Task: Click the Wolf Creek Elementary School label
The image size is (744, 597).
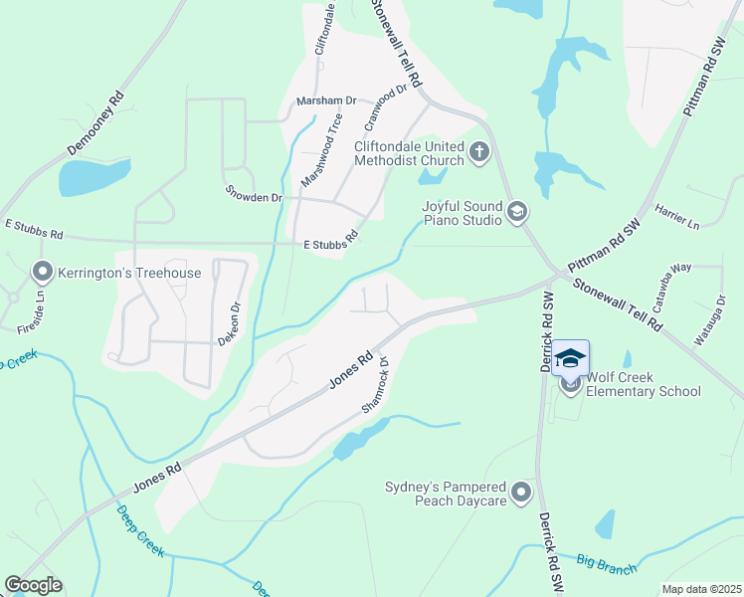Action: pyautogui.click(x=644, y=384)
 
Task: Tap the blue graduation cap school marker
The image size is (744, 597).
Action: pyautogui.click(x=571, y=358)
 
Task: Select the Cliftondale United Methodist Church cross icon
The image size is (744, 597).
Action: pyautogui.click(x=480, y=152)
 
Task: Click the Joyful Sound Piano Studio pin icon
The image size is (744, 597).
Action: pyautogui.click(x=516, y=211)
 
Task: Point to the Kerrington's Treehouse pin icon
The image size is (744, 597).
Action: pyautogui.click(x=42, y=272)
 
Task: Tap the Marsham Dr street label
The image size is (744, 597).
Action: pyautogui.click(x=326, y=101)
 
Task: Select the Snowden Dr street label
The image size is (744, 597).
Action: pyautogui.click(x=254, y=197)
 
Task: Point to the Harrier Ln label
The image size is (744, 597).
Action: pyautogui.click(x=677, y=216)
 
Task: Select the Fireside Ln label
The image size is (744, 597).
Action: pyautogui.click(x=41, y=308)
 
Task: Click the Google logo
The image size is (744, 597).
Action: pyautogui.click(x=33, y=585)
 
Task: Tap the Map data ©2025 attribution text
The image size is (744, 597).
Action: pyautogui.click(x=700, y=589)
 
